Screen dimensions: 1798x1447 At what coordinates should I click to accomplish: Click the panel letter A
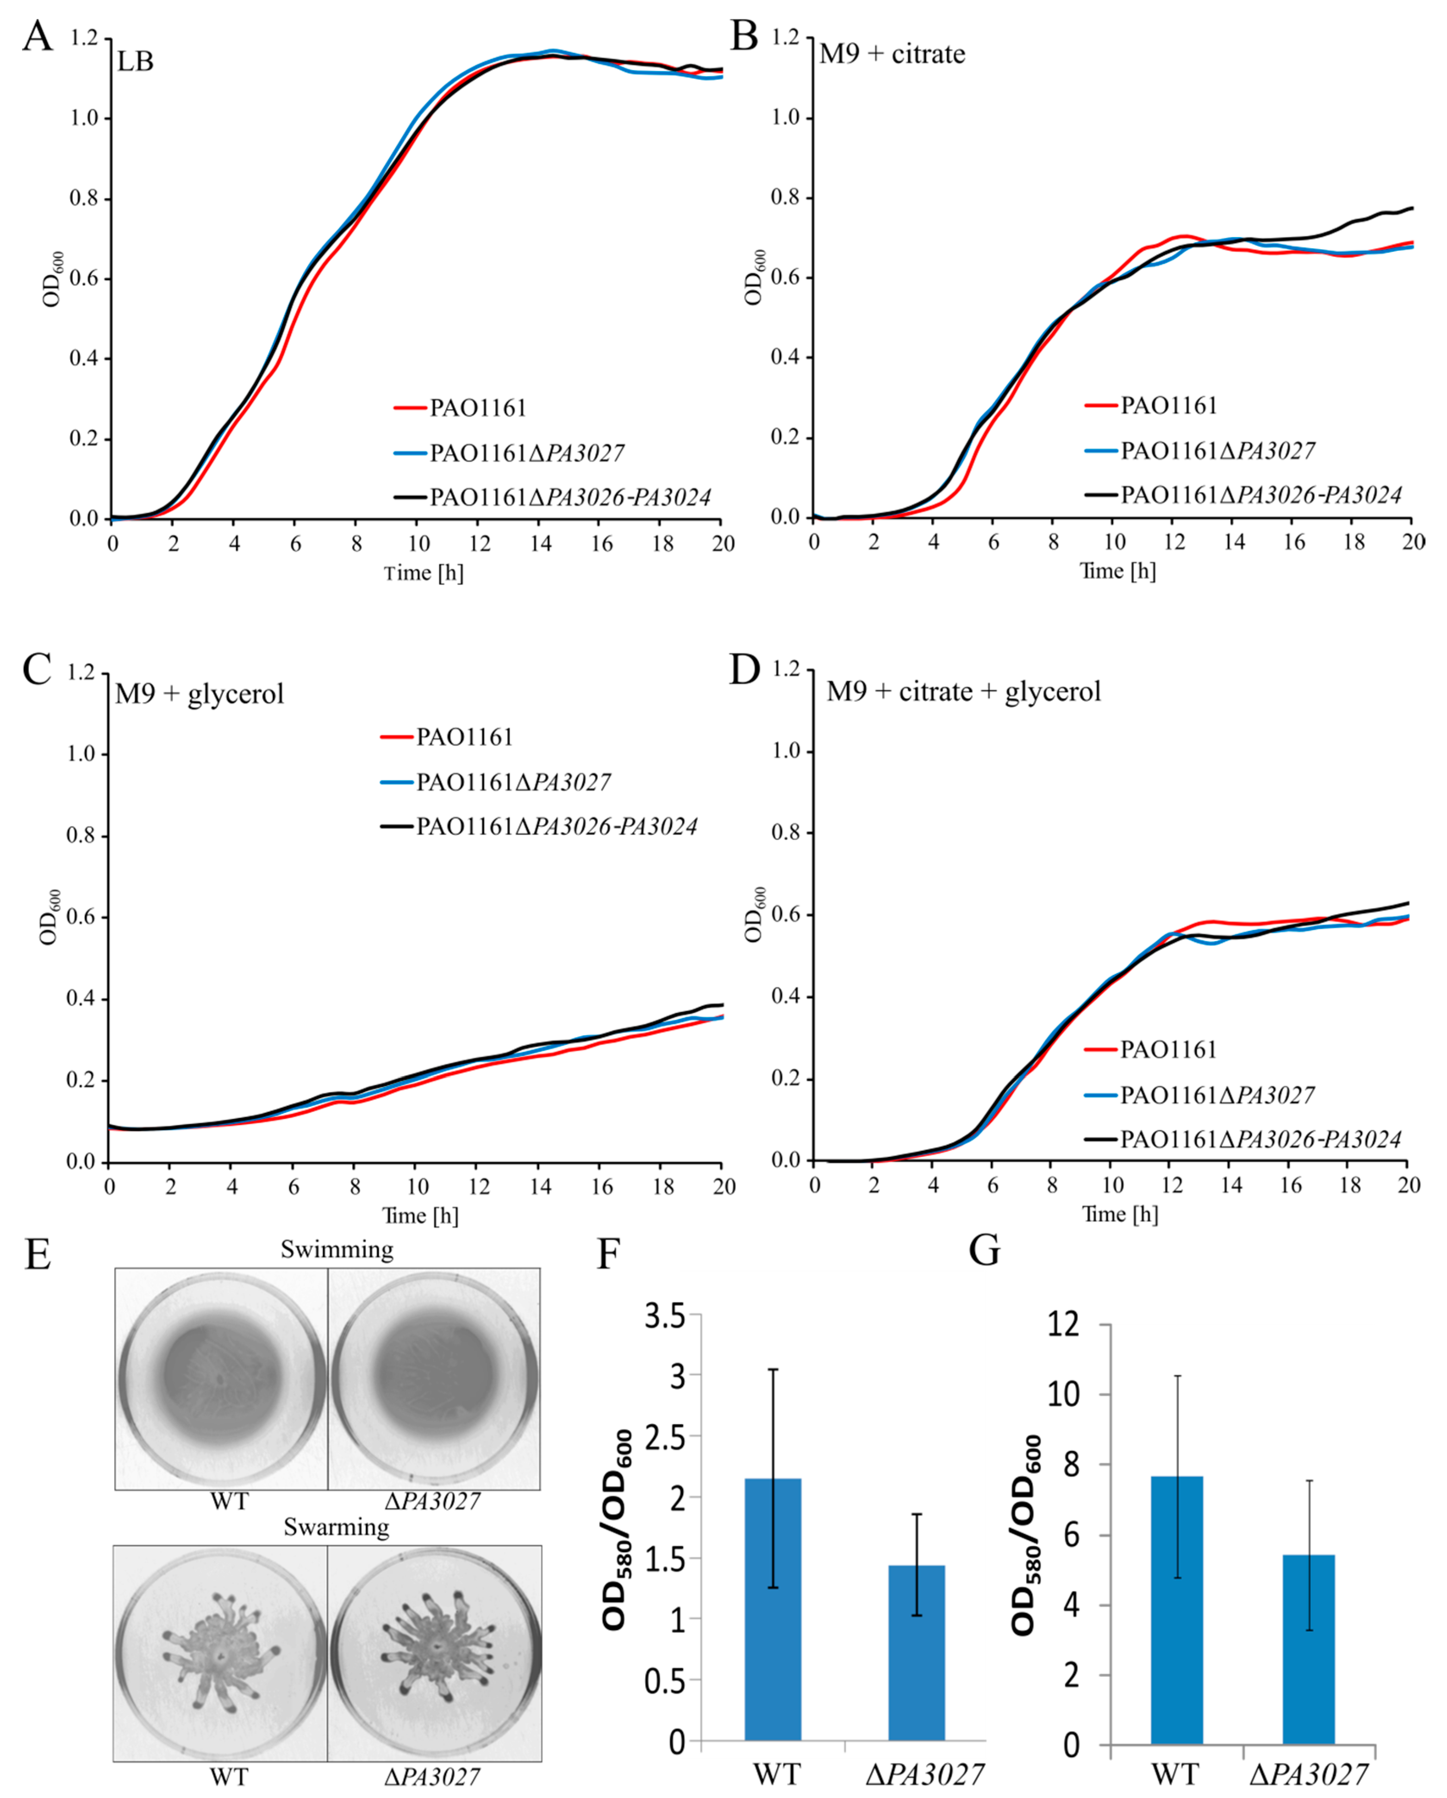(37, 38)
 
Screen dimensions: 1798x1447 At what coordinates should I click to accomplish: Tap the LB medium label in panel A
(135, 62)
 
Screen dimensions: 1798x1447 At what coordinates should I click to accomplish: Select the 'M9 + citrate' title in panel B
(892, 54)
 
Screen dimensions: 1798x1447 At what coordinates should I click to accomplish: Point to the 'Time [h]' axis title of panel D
(1120, 1214)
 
